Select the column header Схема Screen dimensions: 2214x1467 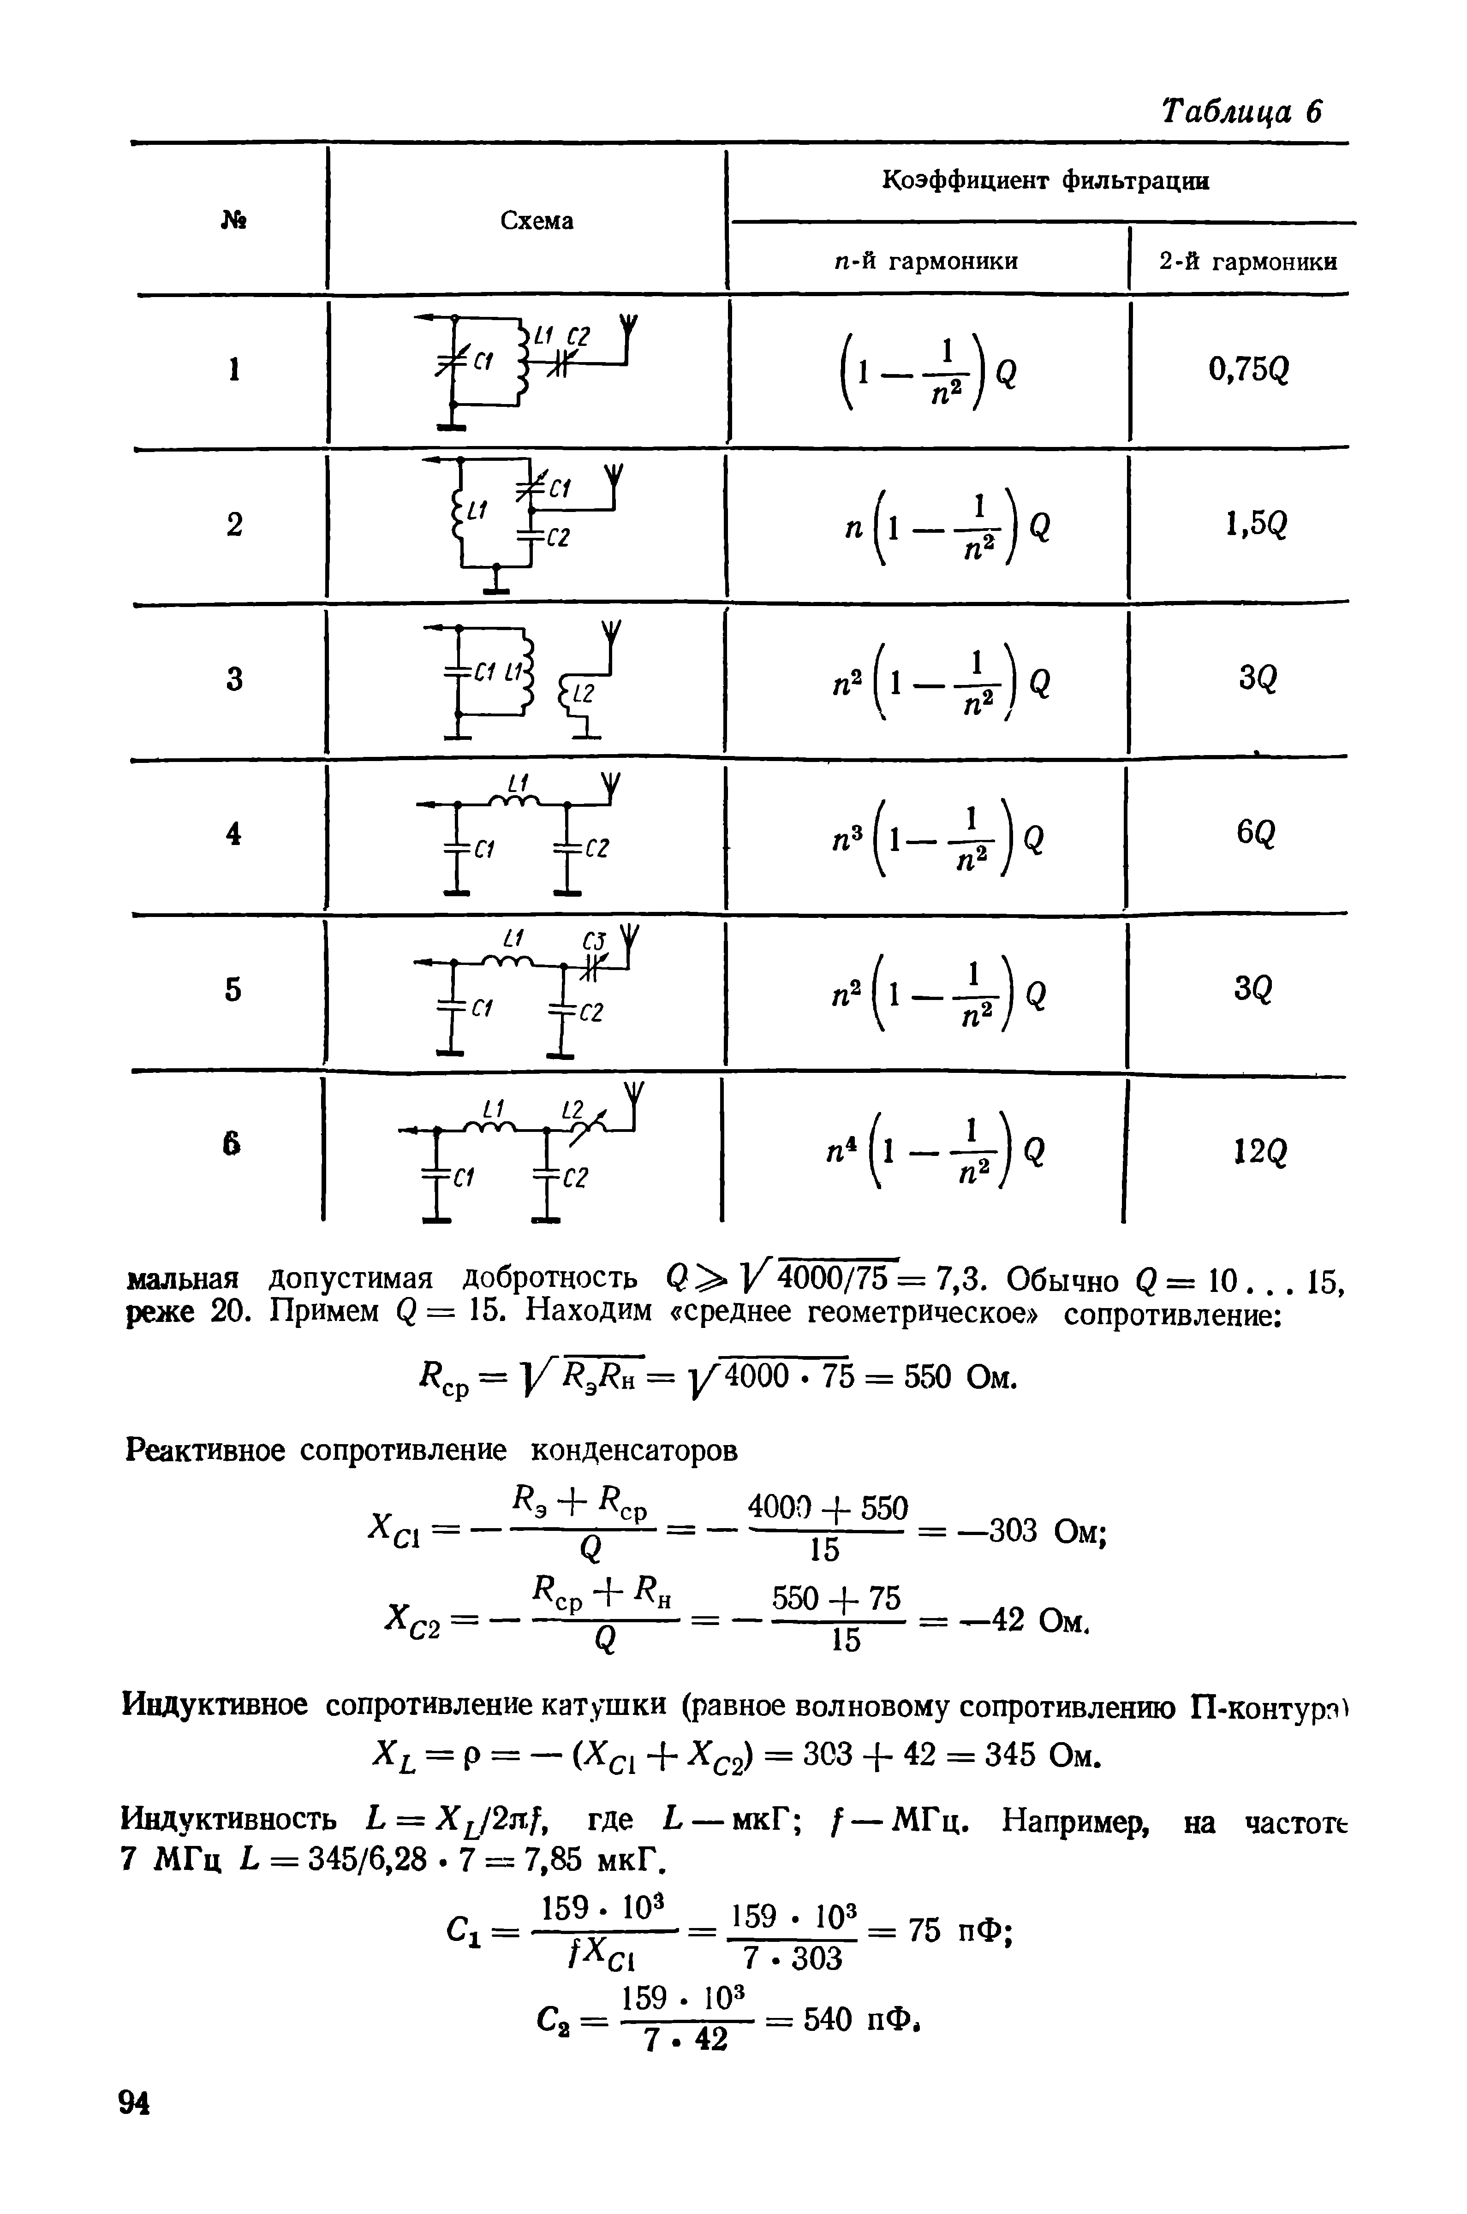point(537,221)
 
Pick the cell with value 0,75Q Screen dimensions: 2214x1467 point(1248,371)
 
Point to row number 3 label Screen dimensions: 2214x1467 point(234,678)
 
